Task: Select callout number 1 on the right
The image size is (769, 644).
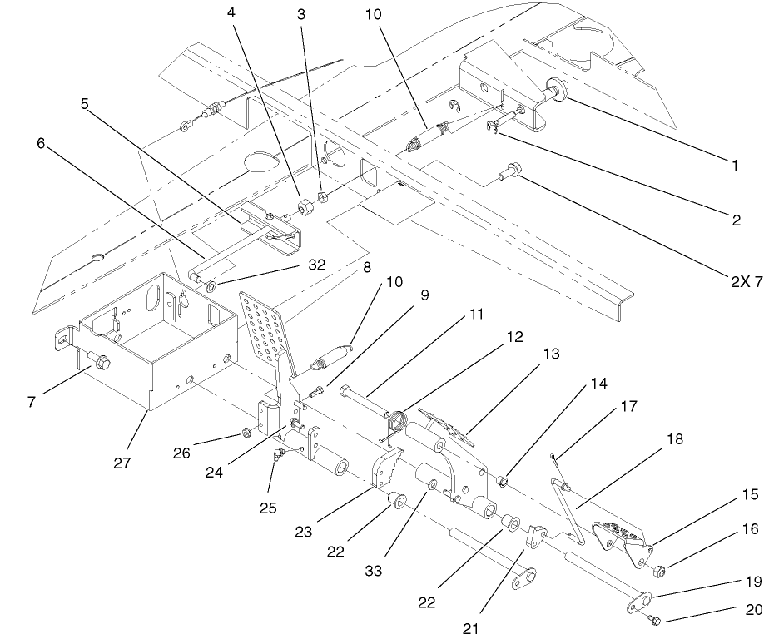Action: click(x=735, y=166)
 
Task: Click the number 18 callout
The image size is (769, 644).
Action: click(x=676, y=439)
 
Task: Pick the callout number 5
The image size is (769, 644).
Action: click(x=85, y=105)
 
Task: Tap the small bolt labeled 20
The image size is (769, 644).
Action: click(x=655, y=619)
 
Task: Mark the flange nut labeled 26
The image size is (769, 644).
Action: click(x=247, y=432)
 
